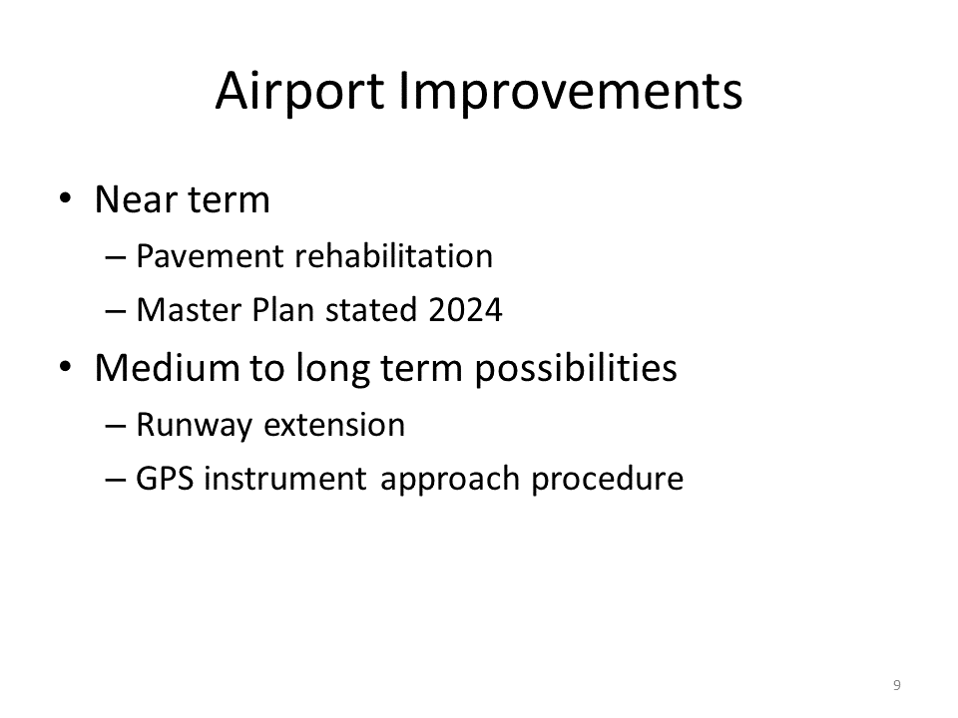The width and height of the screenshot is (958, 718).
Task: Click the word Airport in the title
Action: click(299, 91)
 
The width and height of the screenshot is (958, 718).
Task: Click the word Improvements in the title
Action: click(571, 91)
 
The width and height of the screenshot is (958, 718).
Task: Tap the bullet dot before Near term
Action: click(66, 198)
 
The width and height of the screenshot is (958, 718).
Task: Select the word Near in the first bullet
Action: click(135, 199)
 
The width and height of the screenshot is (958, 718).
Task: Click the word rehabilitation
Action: click(394, 255)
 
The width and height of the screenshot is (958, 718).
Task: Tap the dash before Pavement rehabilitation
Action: click(116, 257)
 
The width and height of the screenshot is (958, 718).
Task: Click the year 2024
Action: click(465, 309)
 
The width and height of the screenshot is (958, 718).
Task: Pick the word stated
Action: click(371, 309)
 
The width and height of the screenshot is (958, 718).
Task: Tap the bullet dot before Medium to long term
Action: click(66, 367)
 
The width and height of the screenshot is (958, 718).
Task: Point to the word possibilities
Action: click(576, 369)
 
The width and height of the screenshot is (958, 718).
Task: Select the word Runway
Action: click(194, 425)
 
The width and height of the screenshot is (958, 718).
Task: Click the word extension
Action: click(334, 425)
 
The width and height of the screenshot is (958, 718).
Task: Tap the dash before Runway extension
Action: click(116, 426)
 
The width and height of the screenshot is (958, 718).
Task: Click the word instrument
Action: click(285, 479)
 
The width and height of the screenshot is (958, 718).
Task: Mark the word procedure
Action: click(608, 480)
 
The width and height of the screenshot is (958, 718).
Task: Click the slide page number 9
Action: click(897, 685)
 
